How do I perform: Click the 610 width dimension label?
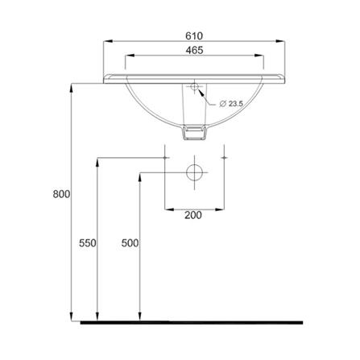coord(194,36)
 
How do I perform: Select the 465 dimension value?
coord(194,50)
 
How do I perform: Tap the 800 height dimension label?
coord(61,194)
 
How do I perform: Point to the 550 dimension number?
coord(88,243)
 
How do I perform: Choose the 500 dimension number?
coord(130,243)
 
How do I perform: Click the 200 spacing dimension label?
coord(193,215)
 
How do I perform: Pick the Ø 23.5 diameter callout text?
coord(231,104)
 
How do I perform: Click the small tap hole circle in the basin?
coord(194,86)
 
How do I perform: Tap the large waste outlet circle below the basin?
coord(194,172)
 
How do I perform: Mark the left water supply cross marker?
coord(165,158)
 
